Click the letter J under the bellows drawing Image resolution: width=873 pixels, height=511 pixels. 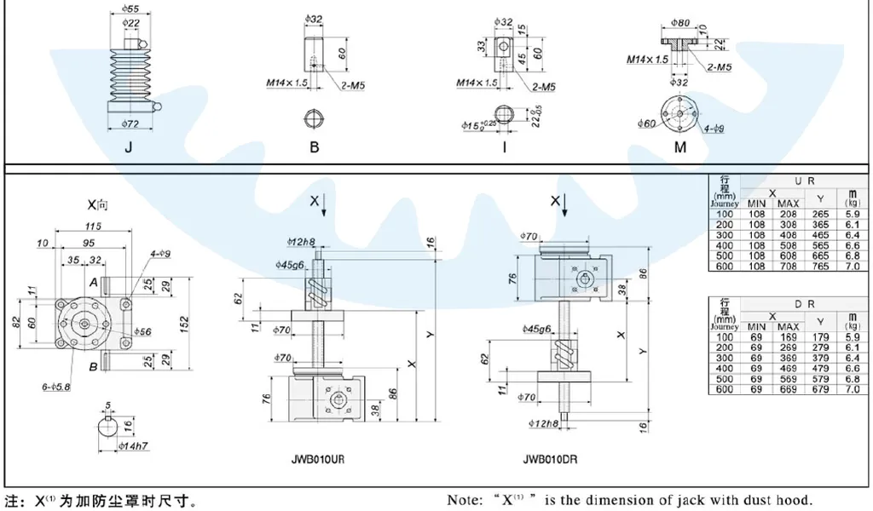pyautogui.click(x=128, y=146)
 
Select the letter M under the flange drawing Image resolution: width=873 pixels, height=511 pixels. pyautogui.click(x=680, y=146)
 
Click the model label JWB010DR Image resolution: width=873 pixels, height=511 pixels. pyautogui.click(x=551, y=458)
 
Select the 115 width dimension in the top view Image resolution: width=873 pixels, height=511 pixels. pyautogui.click(x=94, y=227)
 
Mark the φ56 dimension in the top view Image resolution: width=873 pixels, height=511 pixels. pyautogui.click(x=142, y=330)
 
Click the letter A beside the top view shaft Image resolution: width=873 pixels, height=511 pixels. pyautogui.click(x=93, y=282)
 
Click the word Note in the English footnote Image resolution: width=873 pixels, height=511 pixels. pyautogui.click(x=465, y=501)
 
